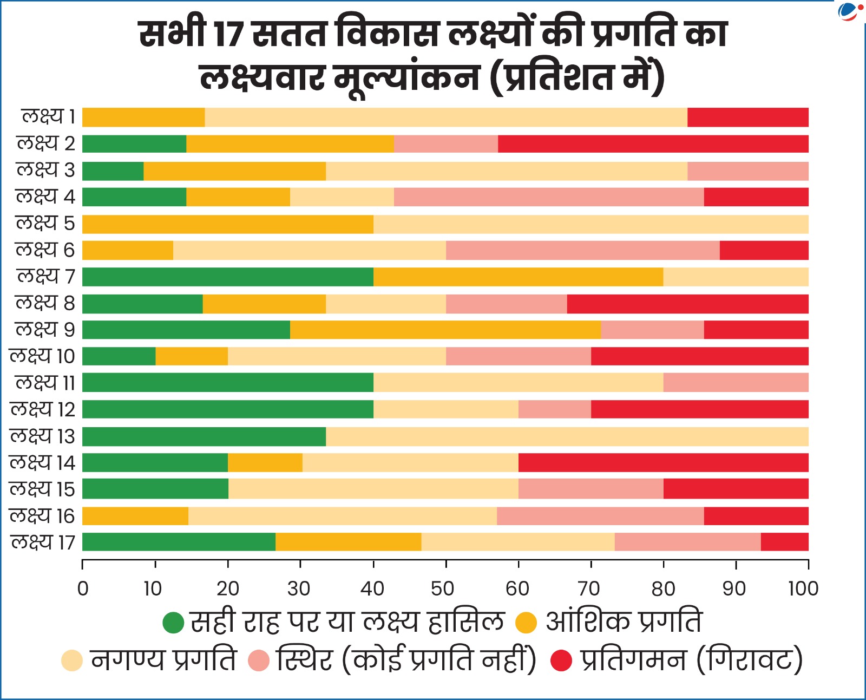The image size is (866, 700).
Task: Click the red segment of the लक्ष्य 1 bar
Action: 747,117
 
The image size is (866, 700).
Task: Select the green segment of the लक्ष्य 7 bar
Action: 227,277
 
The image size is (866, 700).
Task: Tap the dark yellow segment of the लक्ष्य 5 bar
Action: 227,224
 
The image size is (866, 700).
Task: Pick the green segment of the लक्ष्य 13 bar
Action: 204,436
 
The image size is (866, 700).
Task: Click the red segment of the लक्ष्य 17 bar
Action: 784,542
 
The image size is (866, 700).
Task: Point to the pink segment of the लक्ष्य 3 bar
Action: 747,171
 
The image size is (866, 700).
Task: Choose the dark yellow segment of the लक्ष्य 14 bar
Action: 265,463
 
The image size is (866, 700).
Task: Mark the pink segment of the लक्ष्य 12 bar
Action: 554,409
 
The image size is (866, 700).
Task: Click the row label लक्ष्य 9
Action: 45,329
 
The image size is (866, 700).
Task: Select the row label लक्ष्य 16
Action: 42,515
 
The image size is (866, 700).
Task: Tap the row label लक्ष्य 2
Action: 46,143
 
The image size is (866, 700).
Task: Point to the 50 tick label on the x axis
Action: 443,588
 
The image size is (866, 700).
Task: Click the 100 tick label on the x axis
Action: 803,588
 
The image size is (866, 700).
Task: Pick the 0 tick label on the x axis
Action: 83,588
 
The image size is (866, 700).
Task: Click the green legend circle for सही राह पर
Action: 174,623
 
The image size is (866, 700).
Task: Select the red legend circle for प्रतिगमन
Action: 561,660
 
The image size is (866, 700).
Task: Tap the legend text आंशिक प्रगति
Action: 624,622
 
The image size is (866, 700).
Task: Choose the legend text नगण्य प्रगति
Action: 163,660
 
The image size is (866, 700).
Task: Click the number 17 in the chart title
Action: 230,35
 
